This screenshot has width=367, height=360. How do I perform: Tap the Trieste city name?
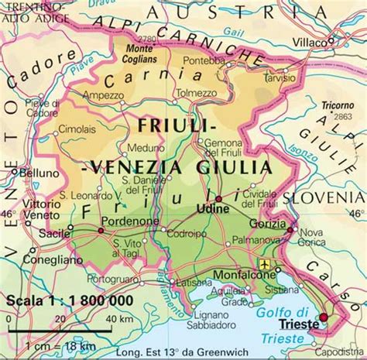[x=299, y=325]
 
